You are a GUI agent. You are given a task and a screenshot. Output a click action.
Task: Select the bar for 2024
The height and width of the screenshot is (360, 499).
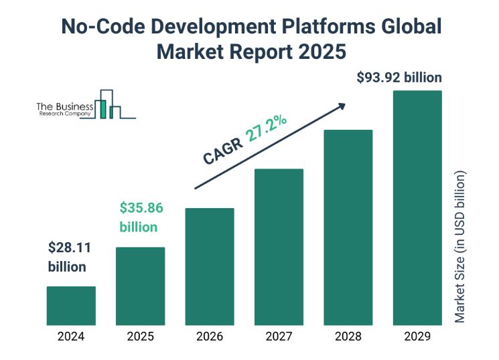click(x=71, y=306)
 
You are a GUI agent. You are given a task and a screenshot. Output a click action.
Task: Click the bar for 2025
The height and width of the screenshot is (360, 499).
click(x=140, y=286)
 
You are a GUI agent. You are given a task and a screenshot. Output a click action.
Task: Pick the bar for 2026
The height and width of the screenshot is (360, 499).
click(x=210, y=266)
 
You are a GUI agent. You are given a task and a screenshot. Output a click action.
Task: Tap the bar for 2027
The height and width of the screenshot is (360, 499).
click(x=279, y=247)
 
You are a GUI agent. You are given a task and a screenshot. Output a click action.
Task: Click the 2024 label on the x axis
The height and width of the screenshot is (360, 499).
click(x=71, y=336)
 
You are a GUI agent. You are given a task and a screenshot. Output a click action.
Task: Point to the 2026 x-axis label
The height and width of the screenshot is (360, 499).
click(x=210, y=336)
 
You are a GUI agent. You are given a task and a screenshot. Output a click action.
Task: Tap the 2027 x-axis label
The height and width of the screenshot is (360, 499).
click(x=279, y=336)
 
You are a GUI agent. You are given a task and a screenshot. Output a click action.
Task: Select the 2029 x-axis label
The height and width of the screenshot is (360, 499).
click(x=417, y=336)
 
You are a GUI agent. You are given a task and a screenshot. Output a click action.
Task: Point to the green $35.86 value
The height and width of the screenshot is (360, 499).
click(x=141, y=207)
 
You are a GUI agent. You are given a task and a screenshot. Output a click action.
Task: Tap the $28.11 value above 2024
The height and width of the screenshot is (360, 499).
click(x=69, y=248)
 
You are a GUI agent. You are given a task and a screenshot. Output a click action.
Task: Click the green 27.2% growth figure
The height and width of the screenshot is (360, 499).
click(x=267, y=128)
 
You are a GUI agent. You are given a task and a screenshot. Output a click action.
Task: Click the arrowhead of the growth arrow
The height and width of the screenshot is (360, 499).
click(x=342, y=106)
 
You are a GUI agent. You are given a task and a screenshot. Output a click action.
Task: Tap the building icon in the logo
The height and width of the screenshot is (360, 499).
click(x=108, y=104)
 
